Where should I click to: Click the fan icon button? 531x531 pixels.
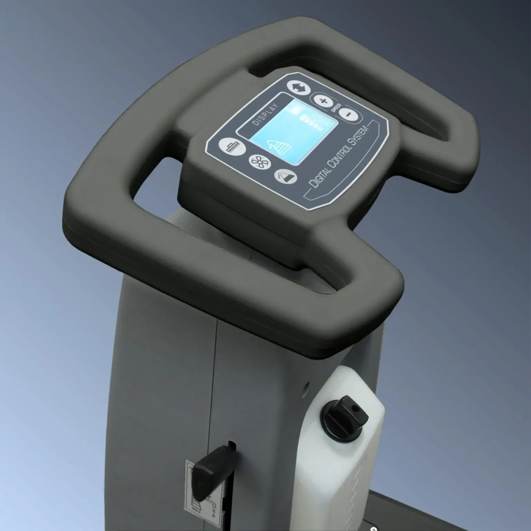[260, 161]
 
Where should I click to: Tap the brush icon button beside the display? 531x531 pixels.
[232, 147]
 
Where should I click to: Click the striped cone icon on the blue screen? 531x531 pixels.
[278, 147]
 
